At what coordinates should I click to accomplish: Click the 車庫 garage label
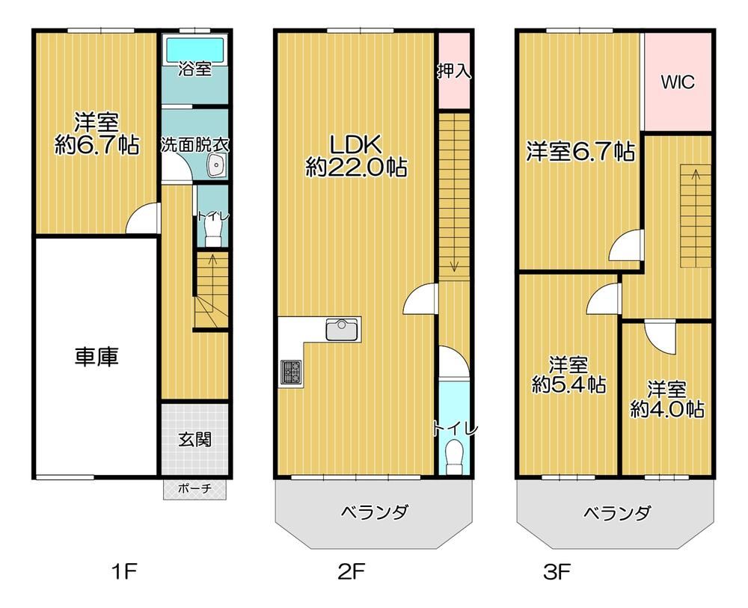(x=96, y=357)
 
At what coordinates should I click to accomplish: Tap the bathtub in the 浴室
(x=194, y=49)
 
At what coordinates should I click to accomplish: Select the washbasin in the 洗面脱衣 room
(x=217, y=167)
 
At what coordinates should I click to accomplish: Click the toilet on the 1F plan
(x=212, y=234)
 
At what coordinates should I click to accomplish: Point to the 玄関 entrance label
(x=194, y=439)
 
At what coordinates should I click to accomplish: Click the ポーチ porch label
(x=194, y=489)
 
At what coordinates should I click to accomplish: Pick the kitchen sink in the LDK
(x=342, y=330)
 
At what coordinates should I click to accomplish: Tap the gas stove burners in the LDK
(x=291, y=372)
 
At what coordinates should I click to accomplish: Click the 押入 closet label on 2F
(x=454, y=72)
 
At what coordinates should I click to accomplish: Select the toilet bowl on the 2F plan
(x=454, y=457)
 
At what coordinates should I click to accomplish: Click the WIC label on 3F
(x=678, y=82)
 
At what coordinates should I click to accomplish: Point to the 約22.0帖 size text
(x=356, y=167)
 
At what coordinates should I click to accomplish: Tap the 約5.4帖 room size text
(x=568, y=384)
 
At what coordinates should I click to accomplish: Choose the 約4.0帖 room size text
(x=667, y=408)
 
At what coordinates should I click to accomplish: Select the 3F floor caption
(x=557, y=571)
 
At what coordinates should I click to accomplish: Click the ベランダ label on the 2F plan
(x=375, y=512)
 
